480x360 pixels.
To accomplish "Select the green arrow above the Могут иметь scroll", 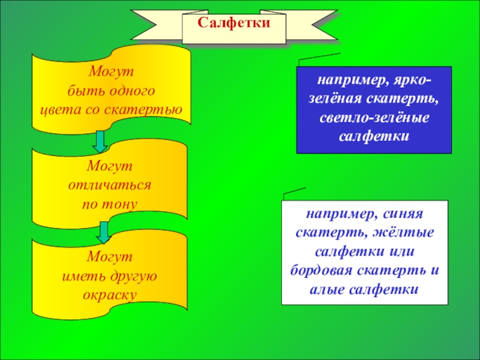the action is point(104,231).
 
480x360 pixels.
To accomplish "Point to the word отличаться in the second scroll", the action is point(110,185).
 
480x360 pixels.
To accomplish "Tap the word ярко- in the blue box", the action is point(411,80).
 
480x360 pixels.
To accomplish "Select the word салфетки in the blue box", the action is point(374,135).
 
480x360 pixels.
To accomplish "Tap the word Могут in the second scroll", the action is point(109,166).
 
